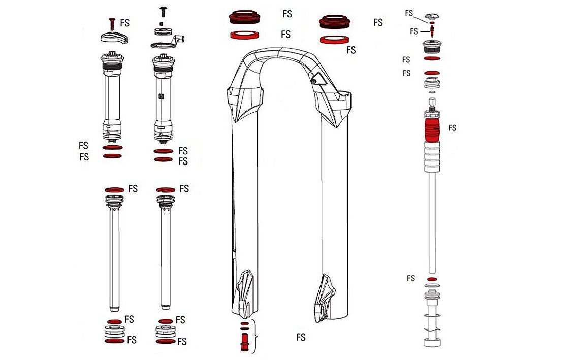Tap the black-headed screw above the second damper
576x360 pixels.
(x=164, y=10)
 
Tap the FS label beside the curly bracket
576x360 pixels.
(x=301, y=337)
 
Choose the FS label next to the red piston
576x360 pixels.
(x=452, y=128)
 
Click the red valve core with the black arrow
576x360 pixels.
(x=432, y=31)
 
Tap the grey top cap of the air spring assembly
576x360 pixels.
(x=431, y=16)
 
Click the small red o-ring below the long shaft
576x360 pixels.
(x=432, y=280)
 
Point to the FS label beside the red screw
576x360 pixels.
(x=125, y=23)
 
